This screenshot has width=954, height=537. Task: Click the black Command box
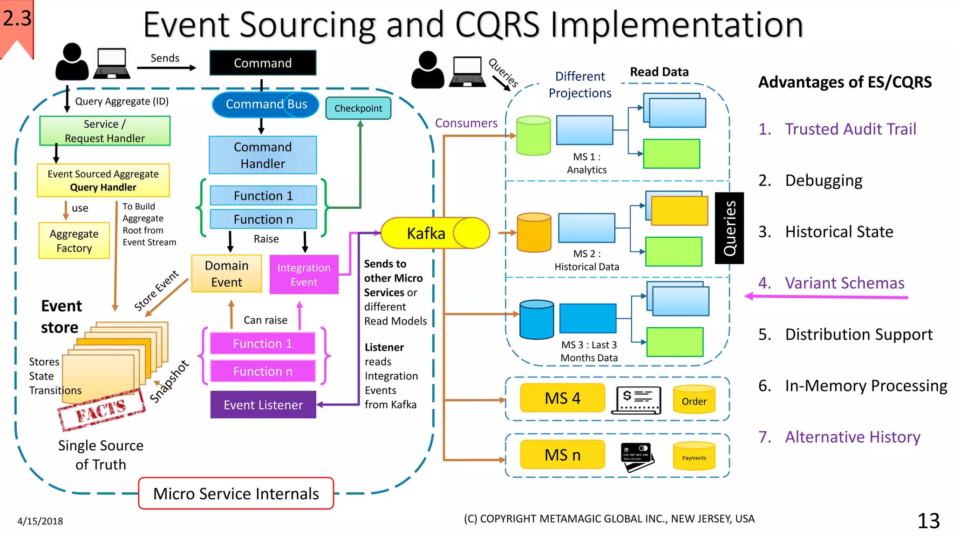coord(263,63)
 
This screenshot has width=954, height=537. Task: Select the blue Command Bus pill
coord(266,104)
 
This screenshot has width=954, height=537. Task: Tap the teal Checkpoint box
coord(358,108)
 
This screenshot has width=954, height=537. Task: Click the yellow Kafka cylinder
coord(435,233)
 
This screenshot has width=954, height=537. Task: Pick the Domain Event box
coord(226,274)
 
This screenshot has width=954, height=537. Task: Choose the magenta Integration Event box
coord(304,275)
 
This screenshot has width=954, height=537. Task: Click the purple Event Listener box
coord(263,405)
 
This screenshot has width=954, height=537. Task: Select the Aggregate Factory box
coord(74,241)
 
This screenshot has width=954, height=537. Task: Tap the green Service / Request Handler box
coord(105,131)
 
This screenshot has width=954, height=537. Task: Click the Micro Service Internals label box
coord(236,493)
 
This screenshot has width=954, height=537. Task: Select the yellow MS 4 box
coord(563,398)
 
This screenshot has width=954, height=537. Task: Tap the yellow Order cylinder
coord(694,399)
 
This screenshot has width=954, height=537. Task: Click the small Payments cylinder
coord(694,456)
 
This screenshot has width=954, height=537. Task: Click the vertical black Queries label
coord(729,228)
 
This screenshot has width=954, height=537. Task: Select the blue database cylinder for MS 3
coord(537,319)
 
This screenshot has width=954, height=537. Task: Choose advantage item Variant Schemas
coord(831,283)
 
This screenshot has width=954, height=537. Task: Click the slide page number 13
coord(928,521)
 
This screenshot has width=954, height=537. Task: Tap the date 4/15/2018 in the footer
coord(40,521)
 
